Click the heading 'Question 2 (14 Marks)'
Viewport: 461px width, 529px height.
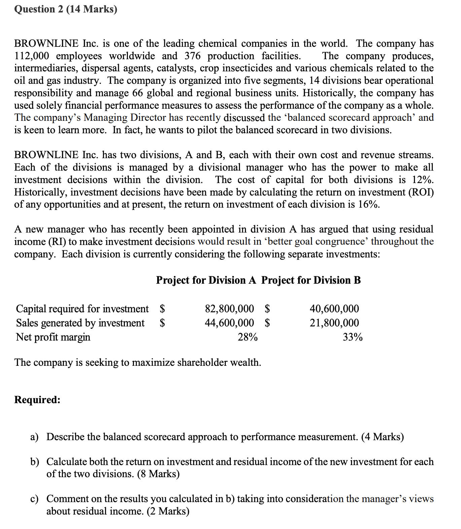point(66,9)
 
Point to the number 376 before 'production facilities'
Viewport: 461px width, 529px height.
point(193,56)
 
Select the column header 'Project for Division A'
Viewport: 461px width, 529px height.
point(206,280)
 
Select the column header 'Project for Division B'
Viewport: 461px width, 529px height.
point(311,280)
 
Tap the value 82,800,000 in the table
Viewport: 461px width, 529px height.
point(229,308)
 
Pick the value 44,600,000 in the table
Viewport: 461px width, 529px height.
point(229,323)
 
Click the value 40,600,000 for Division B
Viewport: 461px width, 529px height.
point(334,308)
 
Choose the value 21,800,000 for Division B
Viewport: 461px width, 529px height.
point(334,323)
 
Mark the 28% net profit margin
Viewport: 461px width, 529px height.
point(248,337)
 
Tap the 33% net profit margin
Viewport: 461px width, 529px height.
point(353,337)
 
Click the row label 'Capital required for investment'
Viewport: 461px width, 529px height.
point(82,308)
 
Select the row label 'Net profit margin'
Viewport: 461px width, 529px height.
point(53,337)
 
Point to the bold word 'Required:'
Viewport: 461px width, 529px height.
point(37,399)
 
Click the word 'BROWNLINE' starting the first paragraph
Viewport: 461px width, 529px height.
point(46,43)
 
